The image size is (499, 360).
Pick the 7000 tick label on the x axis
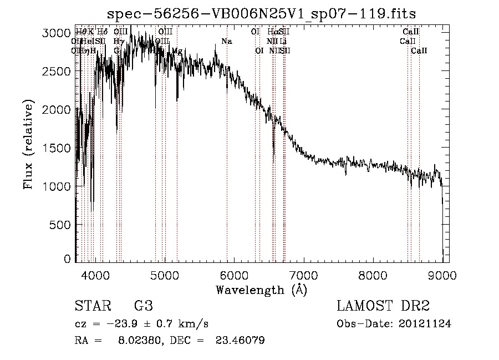(x=303, y=275)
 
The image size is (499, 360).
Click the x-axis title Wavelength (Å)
(x=261, y=289)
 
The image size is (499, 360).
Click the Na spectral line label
(x=226, y=42)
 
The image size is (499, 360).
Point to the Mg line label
(x=176, y=50)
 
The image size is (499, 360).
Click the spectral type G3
(x=143, y=306)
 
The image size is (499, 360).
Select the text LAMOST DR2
(x=383, y=306)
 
